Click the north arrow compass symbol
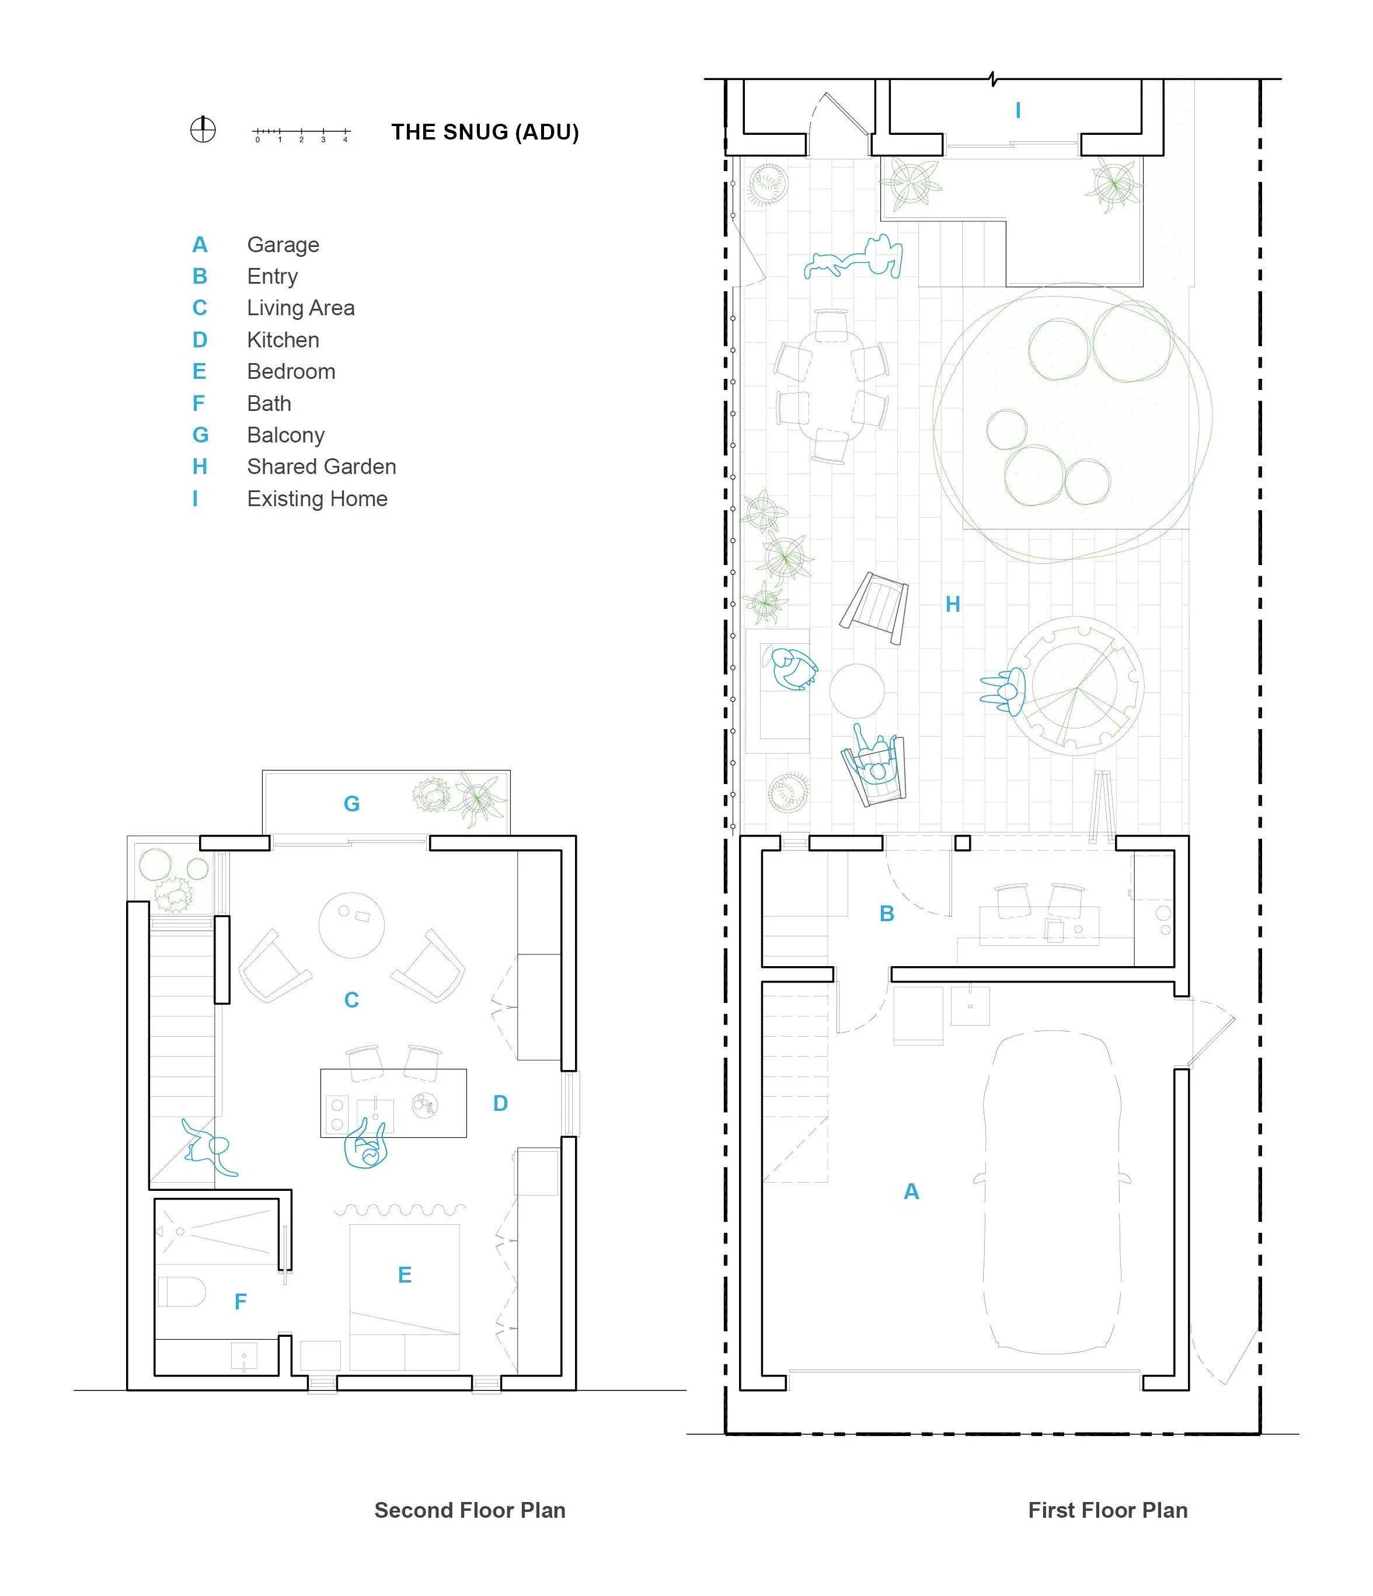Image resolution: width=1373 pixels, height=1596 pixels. [203, 130]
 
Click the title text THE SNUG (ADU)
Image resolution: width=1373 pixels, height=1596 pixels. [485, 133]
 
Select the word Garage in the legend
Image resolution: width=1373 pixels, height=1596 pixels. [283, 245]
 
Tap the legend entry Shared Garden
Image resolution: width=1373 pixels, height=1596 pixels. [321, 467]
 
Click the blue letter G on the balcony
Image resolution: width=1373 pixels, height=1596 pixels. [351, 804]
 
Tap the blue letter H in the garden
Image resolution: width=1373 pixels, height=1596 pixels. [953, 605]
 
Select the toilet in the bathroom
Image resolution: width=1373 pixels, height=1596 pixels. [182, 1292]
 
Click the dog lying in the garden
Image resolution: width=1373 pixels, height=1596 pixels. [853, 258]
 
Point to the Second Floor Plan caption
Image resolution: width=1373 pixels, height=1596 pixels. [470, 1511]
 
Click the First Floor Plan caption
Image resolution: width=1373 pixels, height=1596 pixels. [1108, 1511]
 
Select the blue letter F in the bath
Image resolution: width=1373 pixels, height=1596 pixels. [241, 1302]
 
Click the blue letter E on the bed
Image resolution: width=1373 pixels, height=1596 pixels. [405, 1275]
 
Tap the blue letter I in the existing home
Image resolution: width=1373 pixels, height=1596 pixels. [1018, 110]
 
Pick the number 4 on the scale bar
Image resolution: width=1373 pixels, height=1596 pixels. [345, 140]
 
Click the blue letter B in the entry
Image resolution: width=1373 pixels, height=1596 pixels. [887, 914]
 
